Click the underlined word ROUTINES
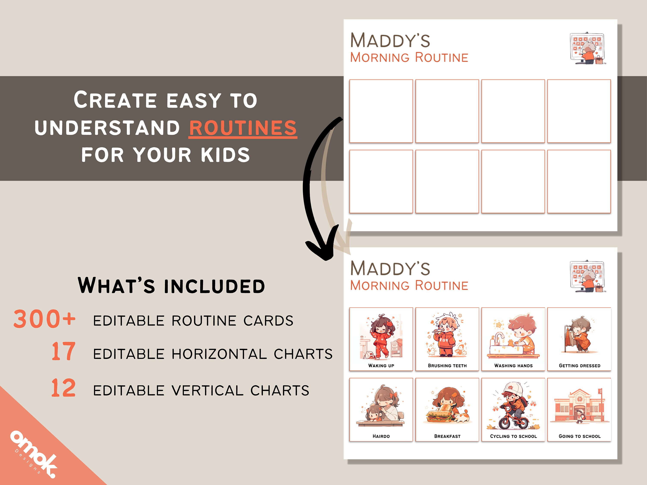[x=243, y=128]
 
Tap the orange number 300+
[x=44, y=319]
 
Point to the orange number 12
[x=63, y=388]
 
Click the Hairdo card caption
[x=381, y=436]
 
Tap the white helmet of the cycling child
[x=514, y=389]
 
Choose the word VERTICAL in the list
[x=207, y=391]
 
